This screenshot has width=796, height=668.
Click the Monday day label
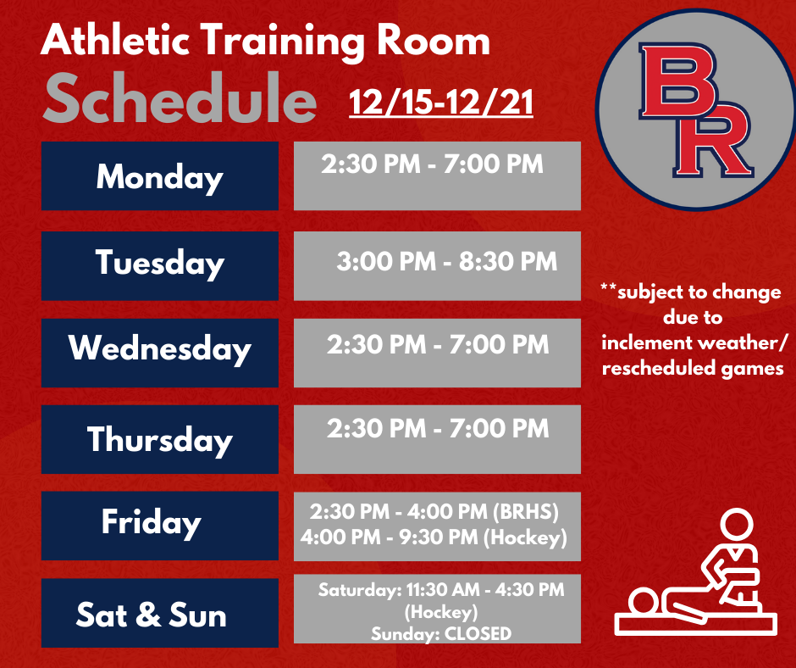(x=159, y=177)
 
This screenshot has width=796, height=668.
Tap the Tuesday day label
(x=159, y=264)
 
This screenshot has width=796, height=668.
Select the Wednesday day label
(x=159, y=349)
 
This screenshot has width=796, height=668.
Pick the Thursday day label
(x=159, y=439)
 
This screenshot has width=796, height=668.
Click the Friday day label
(x=152, y=522)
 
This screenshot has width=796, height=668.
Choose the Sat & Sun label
(x=152, y=615)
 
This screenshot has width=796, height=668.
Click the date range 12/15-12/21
(x=441, y=104)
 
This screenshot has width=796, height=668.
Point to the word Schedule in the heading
(x=180, y=100)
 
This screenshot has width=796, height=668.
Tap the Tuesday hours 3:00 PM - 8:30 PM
(x=446, y=261)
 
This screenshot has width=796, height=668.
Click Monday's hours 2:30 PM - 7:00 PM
(x=432, y=164)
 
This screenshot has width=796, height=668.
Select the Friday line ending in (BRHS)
(x=435, y=514)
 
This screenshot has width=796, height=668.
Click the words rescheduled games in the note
(x=692, y=369)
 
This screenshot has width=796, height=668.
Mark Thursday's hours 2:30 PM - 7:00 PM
(x=438, y=429)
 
